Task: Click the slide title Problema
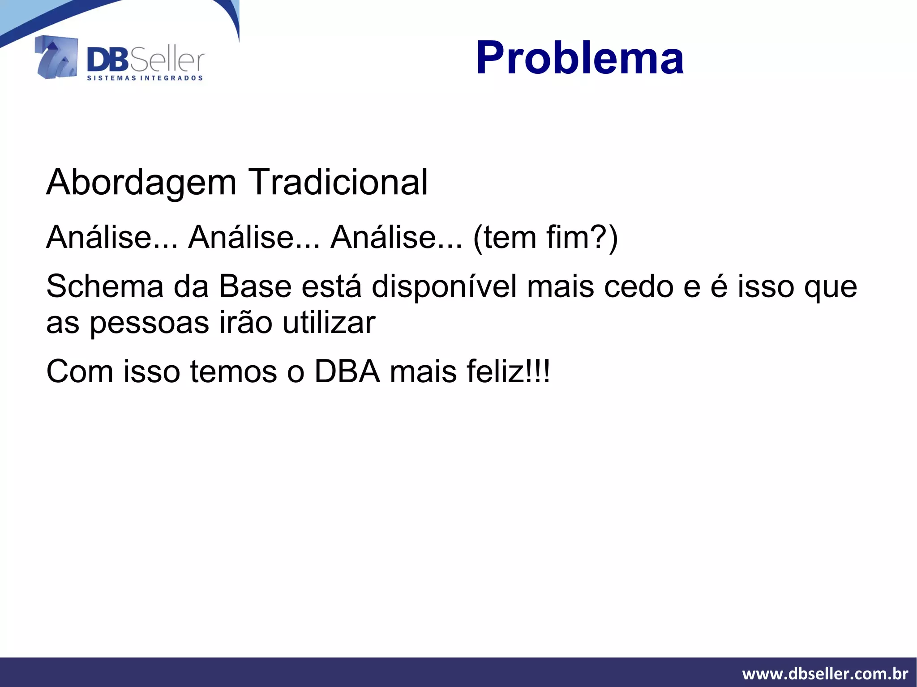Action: (579, 58)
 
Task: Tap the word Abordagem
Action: (141, 183)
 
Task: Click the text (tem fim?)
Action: (545, 237)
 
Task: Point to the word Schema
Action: (105, 286)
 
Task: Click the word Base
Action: (255, 286)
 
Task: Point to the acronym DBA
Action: (347, 371)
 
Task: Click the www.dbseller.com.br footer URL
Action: (825, 674)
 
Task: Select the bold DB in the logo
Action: (107, 60)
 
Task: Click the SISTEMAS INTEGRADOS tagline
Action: (145, 78)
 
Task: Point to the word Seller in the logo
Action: (167, 61)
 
